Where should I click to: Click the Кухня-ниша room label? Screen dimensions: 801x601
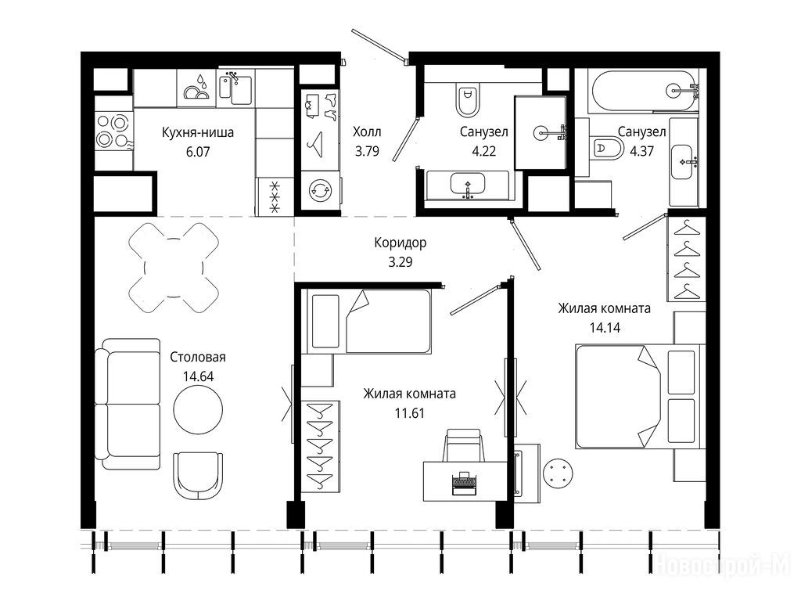click(x=198, y=132)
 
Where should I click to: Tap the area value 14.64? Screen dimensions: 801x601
click(x=198, y=376)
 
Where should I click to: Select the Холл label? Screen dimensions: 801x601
click(x=367, y=131)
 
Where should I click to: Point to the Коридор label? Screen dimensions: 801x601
click(x=400, y=243)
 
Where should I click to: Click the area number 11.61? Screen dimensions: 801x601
click(x=410, y=413)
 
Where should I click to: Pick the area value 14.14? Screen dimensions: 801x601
click(x=605, y=328)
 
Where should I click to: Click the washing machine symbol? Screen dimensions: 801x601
click(x=320, y=190)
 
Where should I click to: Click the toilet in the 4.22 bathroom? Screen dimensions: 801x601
click(x=468, y=100)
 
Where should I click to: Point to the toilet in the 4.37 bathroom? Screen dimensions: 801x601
click(x=606, y=148)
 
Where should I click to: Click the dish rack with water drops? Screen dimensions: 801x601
click(x=196, y=88)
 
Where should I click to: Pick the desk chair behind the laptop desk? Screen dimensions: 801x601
click(x=463, y=444)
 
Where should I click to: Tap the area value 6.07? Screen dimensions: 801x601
click(x=198, y=152)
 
